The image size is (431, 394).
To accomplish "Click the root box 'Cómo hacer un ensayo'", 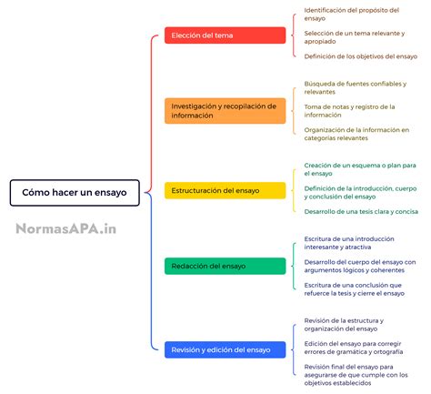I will point(75,193).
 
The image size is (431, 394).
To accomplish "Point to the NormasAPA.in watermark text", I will point(65,229).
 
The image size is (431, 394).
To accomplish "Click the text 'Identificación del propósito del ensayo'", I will point(351,14).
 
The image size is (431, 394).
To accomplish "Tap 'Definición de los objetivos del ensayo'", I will point(359,56).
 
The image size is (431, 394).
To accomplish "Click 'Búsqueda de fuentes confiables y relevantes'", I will point(355,87).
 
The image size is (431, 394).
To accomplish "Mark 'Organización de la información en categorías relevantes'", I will point(356,134).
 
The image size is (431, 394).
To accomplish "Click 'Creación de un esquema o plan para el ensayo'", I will point(359,169).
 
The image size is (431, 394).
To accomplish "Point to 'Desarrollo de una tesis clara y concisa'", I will point(361,211).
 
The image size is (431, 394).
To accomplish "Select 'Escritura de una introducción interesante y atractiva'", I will point(349,243).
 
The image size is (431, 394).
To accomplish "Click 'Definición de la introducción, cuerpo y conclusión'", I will point(358,192).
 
